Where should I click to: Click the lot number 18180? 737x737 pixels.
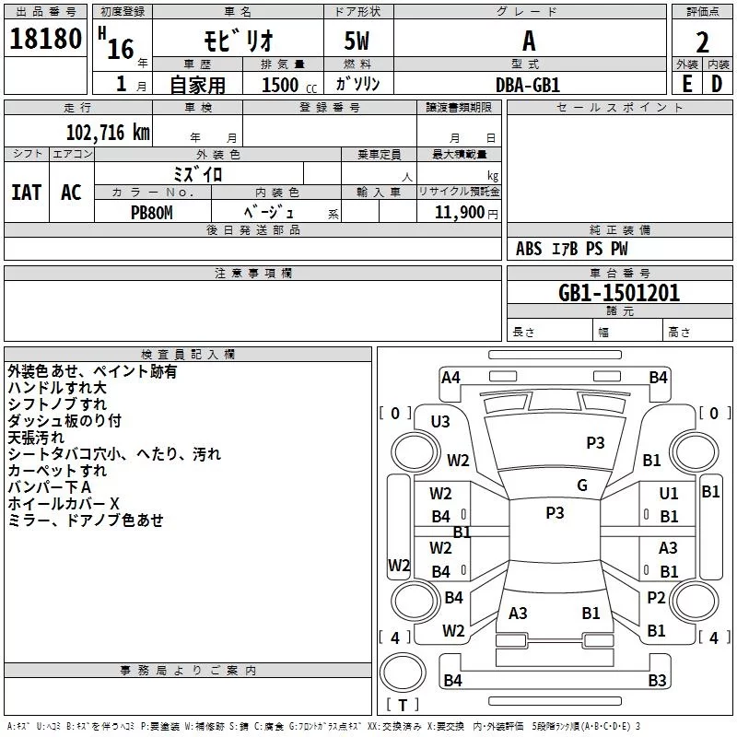click(45, 39)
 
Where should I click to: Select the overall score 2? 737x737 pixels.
click(702, 42)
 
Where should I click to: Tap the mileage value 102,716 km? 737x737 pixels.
click(108, 133)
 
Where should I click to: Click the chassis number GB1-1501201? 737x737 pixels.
click(619, 293)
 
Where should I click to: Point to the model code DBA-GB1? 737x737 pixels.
click(528, 85)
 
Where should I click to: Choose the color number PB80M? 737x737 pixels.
click(152, 213)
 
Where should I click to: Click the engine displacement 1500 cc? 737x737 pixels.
click(289, 85)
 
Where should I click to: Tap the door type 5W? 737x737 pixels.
click(357, 41)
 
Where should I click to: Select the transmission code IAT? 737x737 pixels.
click(27, 193)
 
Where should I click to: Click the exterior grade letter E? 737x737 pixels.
click(686, 84)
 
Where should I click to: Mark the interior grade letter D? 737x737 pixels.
click(717, 84)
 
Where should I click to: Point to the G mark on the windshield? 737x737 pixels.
click(582, 485)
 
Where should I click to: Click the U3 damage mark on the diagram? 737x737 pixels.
click(440, 422)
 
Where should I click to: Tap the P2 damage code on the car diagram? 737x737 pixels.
click(656, 598)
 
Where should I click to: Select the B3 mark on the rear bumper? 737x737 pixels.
click(658, 680)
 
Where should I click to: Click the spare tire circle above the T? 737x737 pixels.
click(403, 672)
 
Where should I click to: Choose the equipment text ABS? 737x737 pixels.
click(529, 249)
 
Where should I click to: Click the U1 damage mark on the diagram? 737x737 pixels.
click(669, 494)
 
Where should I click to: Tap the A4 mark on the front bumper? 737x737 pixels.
click(450, 378)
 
